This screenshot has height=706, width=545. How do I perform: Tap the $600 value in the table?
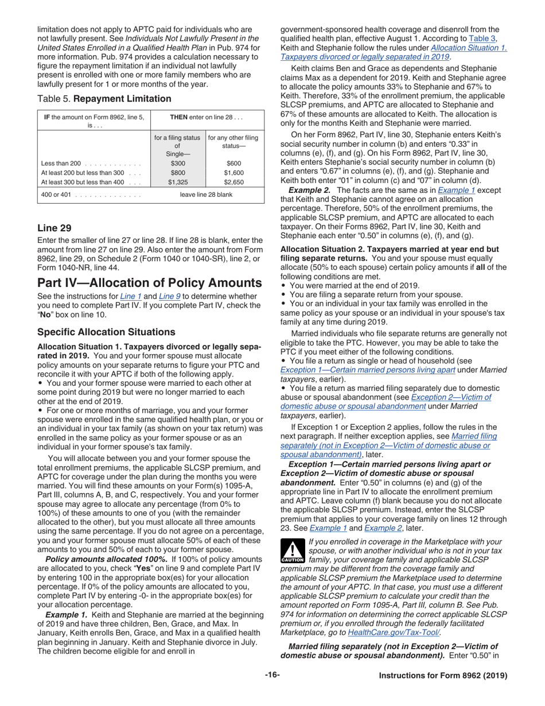[x=233, y=163]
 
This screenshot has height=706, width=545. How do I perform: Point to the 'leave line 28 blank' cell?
[x=207, y=195]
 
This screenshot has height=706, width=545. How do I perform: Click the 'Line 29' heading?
[x=54, y=228]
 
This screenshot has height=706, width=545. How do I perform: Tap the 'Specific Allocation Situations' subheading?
[x=106, y=332]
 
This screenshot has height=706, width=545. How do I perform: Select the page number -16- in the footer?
[x=272, y=675]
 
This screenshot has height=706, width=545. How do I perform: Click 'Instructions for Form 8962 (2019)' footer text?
[x=443, y=676]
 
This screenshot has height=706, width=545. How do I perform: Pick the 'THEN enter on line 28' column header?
[x=207, y=117]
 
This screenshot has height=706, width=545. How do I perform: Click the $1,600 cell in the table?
[x=233, y=172]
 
